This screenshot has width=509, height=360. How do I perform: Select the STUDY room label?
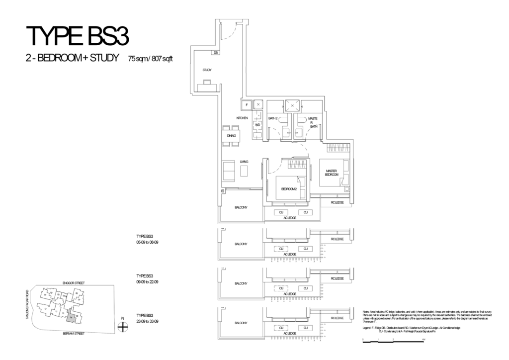pos(207,70)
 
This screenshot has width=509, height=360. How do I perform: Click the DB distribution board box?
pos(216,52)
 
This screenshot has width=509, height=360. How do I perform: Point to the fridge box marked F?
pos(245,105)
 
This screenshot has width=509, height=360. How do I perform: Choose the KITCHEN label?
pos(242,118)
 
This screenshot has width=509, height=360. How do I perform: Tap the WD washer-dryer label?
pos(257,125)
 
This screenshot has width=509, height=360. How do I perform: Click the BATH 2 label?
pos(273,118)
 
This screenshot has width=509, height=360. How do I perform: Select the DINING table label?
pos(231,135)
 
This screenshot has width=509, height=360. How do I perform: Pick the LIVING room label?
pos(244,162)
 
